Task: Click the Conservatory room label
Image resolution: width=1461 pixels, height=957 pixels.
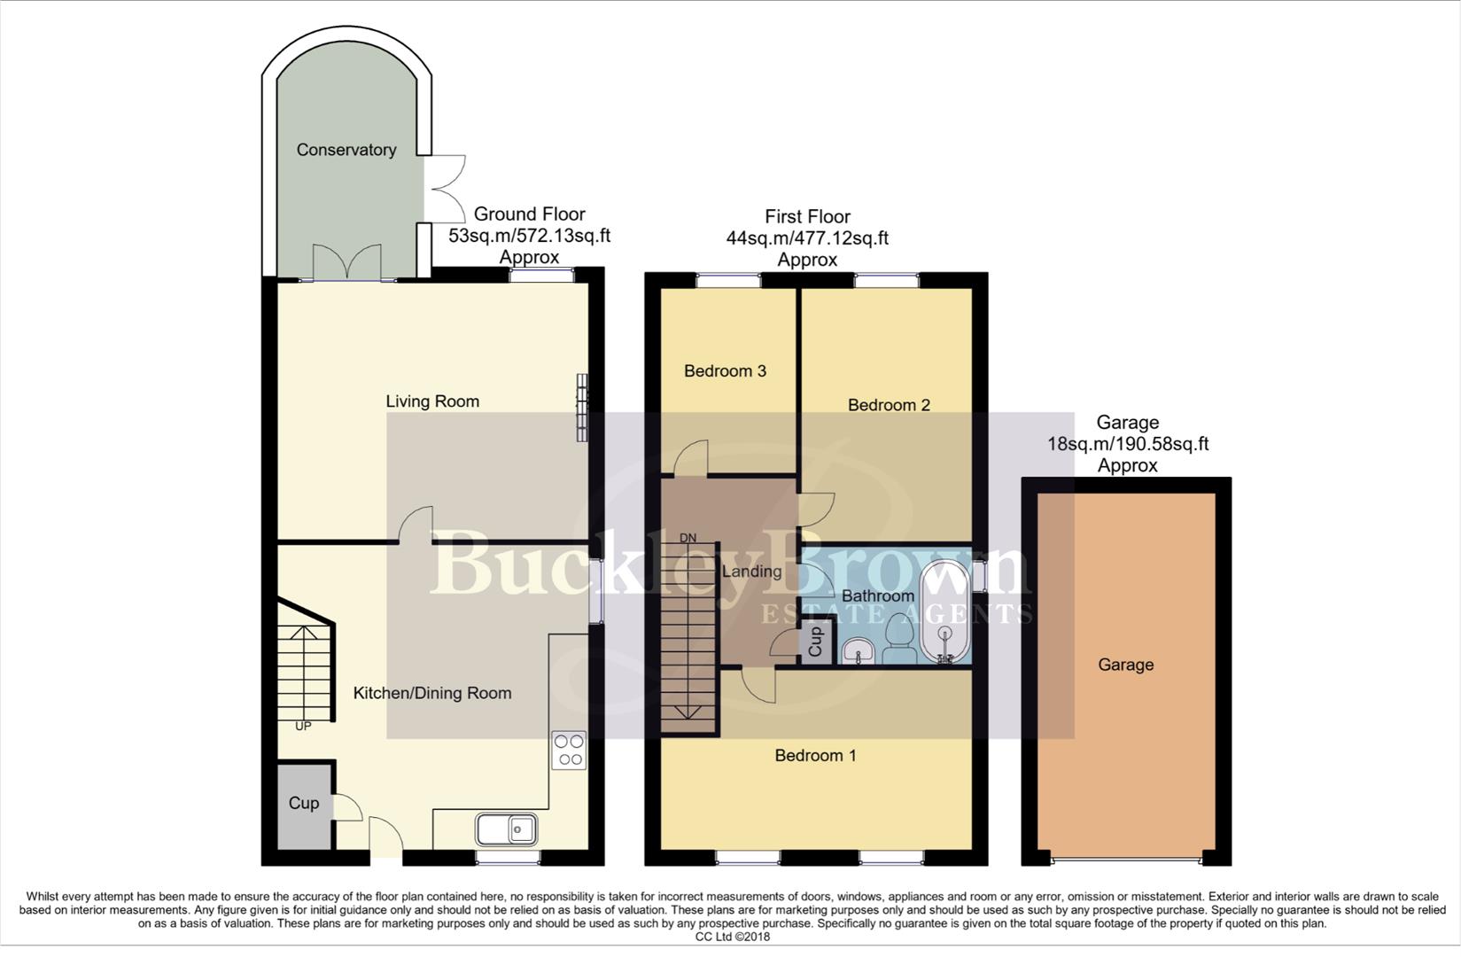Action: (346, 150)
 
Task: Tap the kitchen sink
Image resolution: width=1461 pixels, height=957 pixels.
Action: (506, 829)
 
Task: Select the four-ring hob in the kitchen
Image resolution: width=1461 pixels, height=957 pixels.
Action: (569, 750)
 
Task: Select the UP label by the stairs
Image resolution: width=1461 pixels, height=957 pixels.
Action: (303, 726)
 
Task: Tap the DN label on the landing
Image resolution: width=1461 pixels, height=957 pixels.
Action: (688, 538)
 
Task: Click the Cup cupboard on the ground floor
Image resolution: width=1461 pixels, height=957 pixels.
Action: (303, 804)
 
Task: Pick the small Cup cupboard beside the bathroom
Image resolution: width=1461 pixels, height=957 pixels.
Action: (815, 642)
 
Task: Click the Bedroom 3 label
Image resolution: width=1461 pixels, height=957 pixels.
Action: (725, 371)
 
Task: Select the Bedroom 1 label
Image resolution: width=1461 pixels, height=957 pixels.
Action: (815, 756)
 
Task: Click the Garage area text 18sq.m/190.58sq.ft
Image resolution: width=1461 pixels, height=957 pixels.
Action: (1128, 444)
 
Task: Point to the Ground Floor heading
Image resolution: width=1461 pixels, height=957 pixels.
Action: (529, 214)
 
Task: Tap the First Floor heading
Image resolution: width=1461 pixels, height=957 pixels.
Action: (807, 216)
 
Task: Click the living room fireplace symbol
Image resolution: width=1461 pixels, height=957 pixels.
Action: (582, 407)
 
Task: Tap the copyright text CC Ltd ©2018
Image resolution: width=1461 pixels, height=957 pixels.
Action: (732, 937)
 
